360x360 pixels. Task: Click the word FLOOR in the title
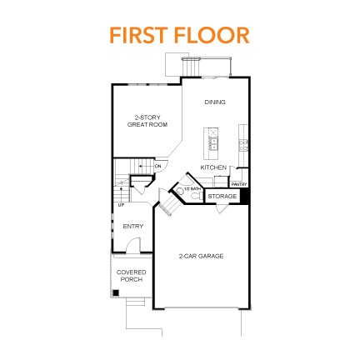click(212, 35)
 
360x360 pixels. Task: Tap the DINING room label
click(214, 102)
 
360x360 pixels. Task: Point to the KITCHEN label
click(213, 167)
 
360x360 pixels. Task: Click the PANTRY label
click(239, 183)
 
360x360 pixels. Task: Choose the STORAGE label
click(222, 196)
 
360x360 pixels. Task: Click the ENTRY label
click(133, 226)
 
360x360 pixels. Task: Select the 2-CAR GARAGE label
click(202, 256)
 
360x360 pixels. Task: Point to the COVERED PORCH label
click(131, 276)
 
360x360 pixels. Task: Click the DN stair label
click(157, 167)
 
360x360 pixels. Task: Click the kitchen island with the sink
click(213, 142)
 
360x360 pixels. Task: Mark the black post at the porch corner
click(115, 292)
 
